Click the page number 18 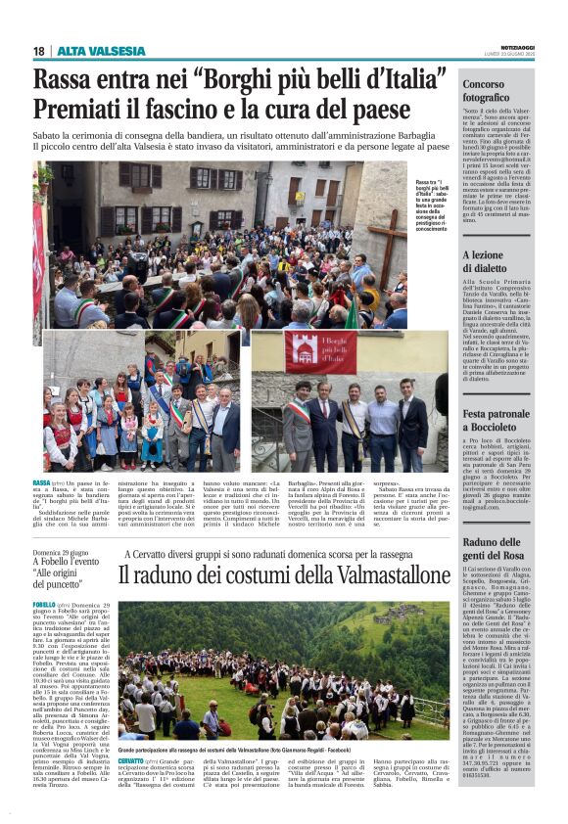coord(39,51)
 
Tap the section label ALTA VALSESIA coord(101,51)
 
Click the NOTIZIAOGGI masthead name coord(513,47)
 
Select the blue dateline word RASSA coord(41,483)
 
